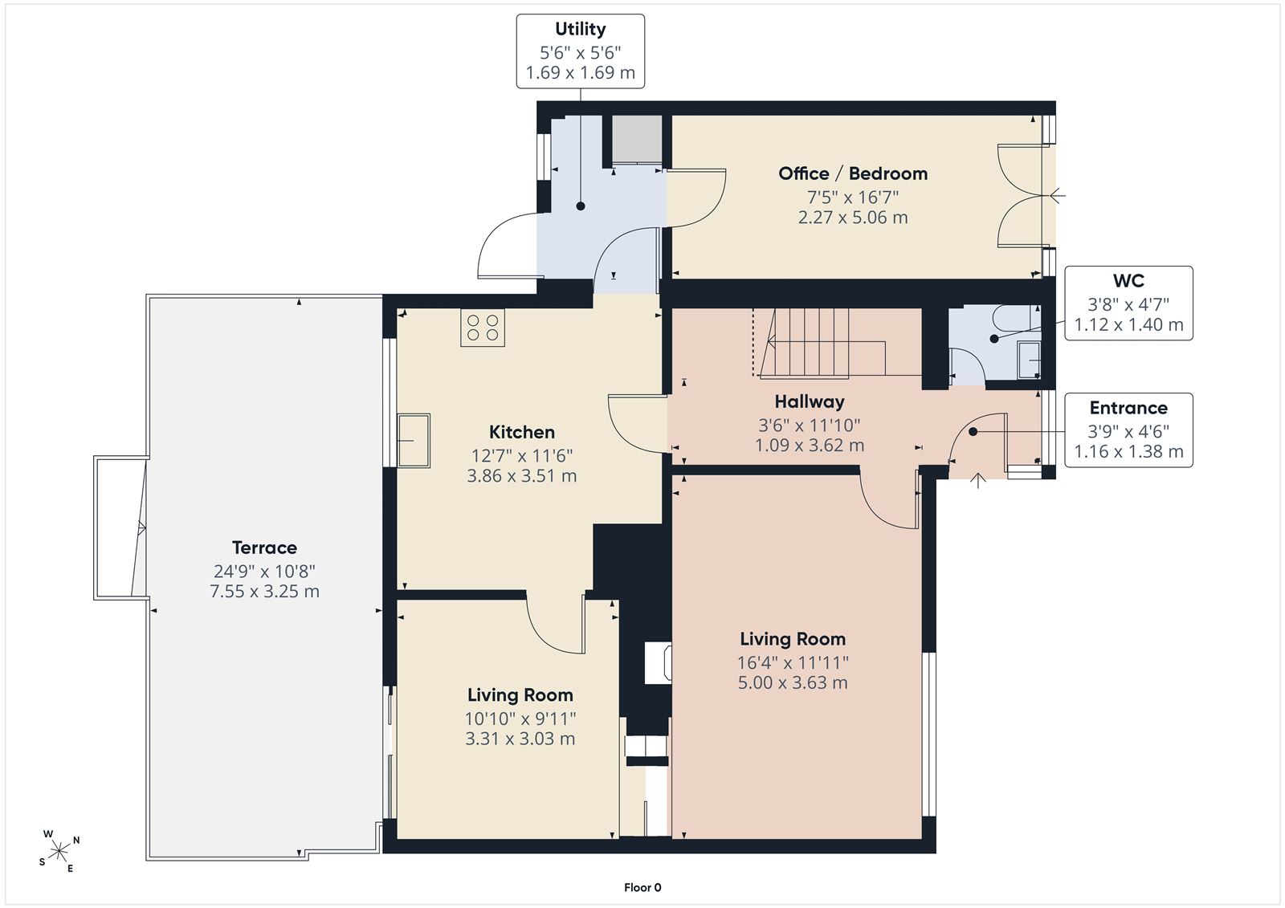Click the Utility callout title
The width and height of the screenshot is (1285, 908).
580,29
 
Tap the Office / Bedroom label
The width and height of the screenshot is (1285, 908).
852,173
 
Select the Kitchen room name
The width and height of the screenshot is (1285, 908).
521,431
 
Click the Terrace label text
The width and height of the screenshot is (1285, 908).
264,548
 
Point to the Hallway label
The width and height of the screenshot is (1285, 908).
809,401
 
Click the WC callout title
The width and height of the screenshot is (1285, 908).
1128,280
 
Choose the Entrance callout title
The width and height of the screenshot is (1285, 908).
1128,407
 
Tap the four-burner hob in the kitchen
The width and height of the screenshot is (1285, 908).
483,328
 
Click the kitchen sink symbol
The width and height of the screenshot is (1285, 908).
413,441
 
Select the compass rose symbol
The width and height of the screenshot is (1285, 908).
59,851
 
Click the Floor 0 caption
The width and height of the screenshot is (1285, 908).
642,887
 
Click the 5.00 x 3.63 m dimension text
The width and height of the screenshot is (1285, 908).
792,682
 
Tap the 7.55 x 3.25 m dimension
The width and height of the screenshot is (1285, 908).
264,591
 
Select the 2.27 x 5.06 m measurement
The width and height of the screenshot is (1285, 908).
852,218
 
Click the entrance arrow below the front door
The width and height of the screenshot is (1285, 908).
977,480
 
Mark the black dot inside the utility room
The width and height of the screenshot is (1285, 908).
581,206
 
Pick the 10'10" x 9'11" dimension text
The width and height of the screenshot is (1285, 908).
520,719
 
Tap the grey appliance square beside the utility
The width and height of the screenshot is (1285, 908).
637,139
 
